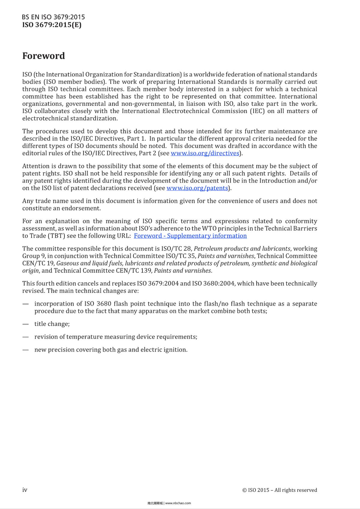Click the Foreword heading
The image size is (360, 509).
coord(43,56)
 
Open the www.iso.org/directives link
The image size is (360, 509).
coord(205,153)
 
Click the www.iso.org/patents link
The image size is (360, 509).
coord(197,188)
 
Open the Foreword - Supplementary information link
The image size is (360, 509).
coord(190,236)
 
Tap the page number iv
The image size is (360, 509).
coord(25,490)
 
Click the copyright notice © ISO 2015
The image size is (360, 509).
coord(279,490)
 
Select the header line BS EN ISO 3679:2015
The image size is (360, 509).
coord(53,17)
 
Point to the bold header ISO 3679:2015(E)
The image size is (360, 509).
coord(52,25)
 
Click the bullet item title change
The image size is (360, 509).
coord(52,324)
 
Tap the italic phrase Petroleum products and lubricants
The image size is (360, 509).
coord(242,249)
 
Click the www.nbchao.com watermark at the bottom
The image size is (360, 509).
coord(178,503)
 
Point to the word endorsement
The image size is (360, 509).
coord(82,208)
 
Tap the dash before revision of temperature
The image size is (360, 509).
coord(25,337)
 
